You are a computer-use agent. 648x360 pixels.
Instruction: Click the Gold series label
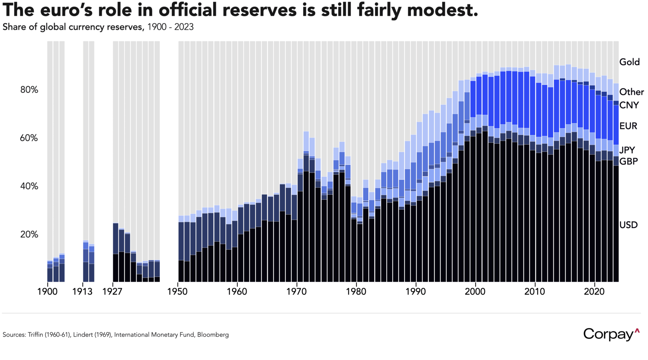[x=629, y=62]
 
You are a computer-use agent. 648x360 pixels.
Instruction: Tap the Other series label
[x=631, y=92]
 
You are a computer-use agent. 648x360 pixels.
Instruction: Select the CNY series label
[x=629, y=105]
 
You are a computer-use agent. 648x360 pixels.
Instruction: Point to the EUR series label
[x=628, y=126]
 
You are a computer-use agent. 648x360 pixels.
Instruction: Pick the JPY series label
[x=627, y=150]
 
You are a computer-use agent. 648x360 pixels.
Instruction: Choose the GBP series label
[x=628, y=161]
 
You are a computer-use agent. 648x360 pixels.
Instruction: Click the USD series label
[x=628, y=225]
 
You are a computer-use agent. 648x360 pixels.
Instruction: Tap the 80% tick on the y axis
[x=29, y=90]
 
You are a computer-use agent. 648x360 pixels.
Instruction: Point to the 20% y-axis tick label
[x=29, y=235]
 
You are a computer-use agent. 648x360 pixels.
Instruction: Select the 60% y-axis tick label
[x=29, y=138]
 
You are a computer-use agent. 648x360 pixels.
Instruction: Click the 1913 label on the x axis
[x=83, y=292]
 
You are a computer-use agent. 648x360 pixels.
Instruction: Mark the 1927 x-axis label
[x=113, y=292]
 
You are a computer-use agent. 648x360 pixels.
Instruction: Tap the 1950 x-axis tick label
[x=177, y=292]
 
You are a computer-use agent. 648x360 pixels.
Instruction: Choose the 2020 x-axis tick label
[x=594, y=292]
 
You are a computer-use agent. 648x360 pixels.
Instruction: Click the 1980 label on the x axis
[x=356, y=292]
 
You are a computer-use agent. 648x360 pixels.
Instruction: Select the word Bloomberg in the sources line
[x=213, y=335]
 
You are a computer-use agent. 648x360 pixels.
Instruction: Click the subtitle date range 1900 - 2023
[x=170, y=27]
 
